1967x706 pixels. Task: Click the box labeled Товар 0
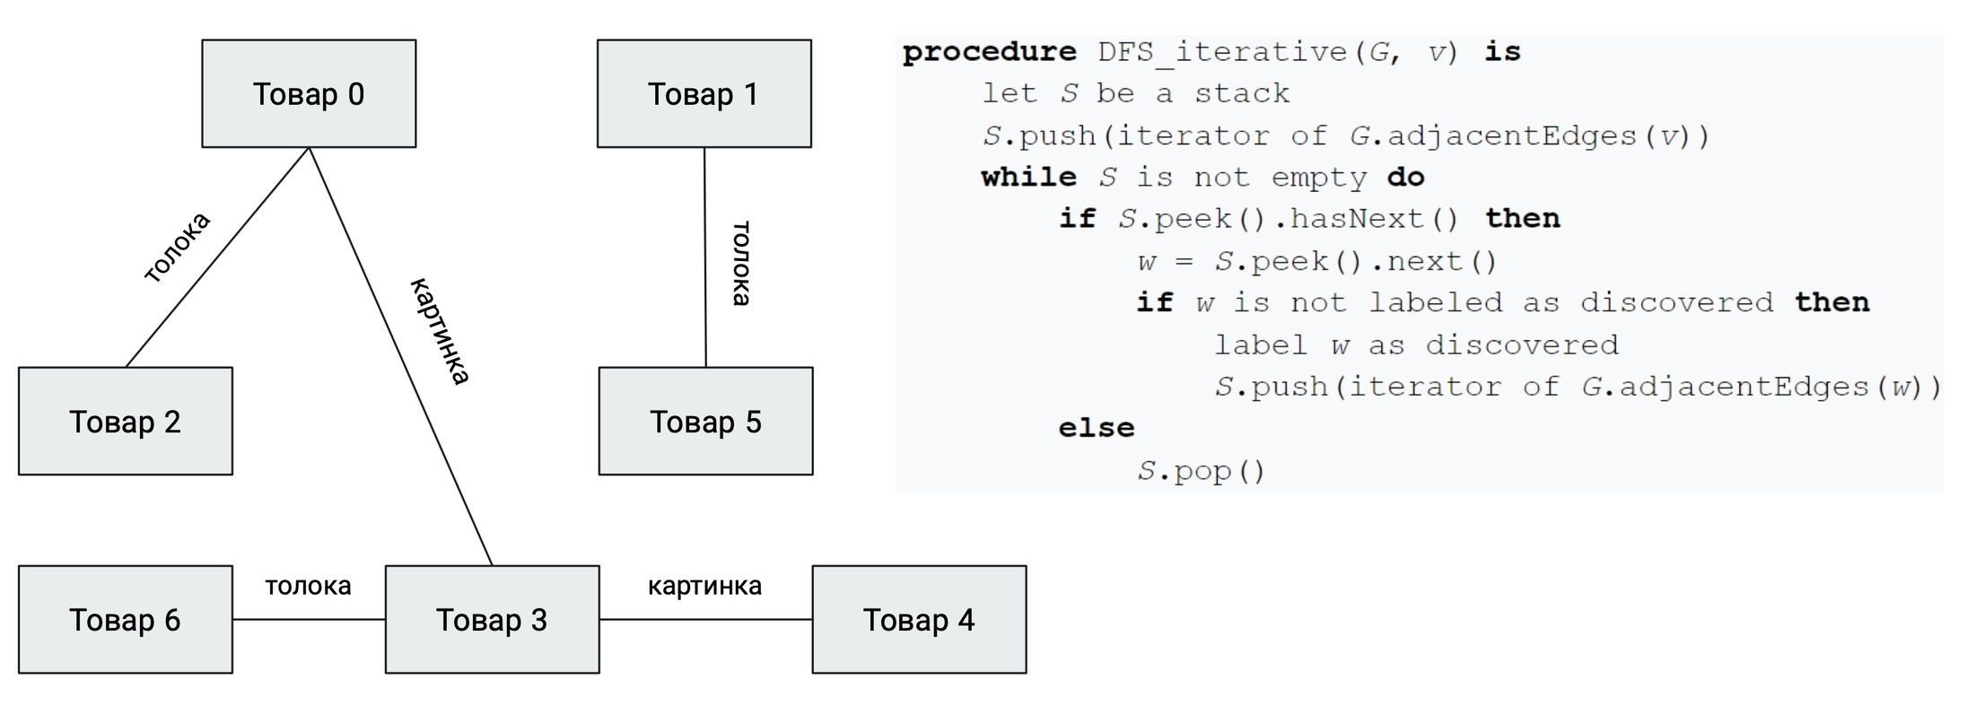point(309,93)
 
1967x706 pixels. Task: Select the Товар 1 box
point(704,93)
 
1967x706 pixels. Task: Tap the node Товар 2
point(126,421)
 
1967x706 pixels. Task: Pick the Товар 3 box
point(493,619)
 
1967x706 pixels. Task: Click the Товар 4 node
point(920,619)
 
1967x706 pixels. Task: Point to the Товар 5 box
point(706,421)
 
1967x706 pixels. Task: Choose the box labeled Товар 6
point(126,619)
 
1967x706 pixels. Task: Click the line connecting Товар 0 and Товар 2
point(217,257)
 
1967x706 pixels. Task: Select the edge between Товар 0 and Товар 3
point(400,356)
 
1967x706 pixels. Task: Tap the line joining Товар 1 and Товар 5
point(705,257)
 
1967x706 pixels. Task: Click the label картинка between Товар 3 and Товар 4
point(704,586)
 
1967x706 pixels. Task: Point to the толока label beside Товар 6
point(308,586)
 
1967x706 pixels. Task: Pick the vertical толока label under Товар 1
point(741,264)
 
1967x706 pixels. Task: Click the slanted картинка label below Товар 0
point(440,331)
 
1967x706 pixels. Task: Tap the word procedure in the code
point(989,52)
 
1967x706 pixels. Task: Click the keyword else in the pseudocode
point(1097,428)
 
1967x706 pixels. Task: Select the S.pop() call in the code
point(1202,471)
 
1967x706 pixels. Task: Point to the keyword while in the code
point(1028,177)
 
